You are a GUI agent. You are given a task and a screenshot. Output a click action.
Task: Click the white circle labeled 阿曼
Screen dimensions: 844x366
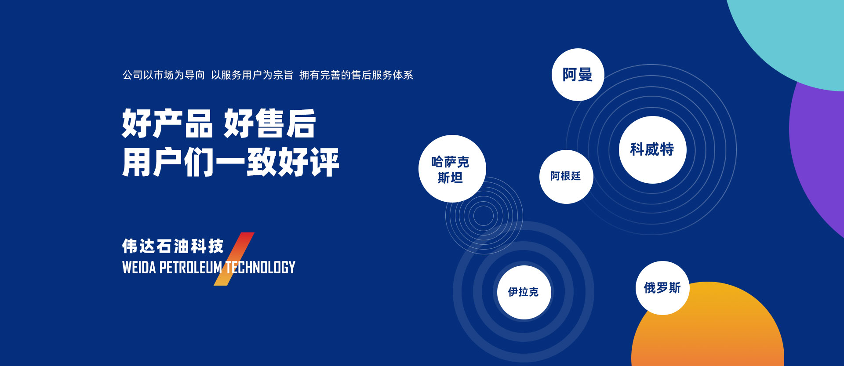pos(578,75)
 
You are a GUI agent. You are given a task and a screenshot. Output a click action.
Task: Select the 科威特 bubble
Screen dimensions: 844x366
pos(652,150)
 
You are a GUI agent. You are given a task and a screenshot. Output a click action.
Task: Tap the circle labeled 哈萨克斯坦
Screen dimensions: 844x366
pos(452,169)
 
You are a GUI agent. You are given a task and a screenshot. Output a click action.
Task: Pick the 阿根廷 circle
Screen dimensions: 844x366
pos(566,177)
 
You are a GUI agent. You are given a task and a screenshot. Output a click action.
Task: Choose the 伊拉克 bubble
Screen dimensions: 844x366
pos(524,292)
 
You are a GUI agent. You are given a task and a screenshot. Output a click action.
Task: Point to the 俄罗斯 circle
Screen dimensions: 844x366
pos(662,288)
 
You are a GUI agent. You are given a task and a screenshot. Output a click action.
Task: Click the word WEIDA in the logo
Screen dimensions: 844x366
pos(139,267)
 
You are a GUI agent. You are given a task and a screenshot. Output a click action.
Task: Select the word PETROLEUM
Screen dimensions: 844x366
pos(190,267)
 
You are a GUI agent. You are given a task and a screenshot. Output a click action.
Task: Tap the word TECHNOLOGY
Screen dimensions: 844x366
pos(260,267)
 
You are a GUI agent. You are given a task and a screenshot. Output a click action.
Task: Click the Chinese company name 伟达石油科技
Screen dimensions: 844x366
pos(173,246)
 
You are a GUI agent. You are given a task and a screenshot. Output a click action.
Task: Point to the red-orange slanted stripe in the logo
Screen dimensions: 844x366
pos(234,259)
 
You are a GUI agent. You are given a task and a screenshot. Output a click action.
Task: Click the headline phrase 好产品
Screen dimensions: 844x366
pos(167,123)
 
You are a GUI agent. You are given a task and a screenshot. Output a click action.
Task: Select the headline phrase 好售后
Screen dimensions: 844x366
pos(270,123)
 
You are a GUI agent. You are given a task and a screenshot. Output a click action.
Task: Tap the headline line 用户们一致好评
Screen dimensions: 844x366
pos(231,162)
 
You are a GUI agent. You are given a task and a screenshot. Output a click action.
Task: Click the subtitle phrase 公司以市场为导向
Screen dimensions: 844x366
pos(164,75)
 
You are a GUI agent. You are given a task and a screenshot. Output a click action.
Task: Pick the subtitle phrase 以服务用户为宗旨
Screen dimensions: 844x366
pos(252,75)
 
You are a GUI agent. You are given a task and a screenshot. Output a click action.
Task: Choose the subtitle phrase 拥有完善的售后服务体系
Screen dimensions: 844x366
pos(356,75)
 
